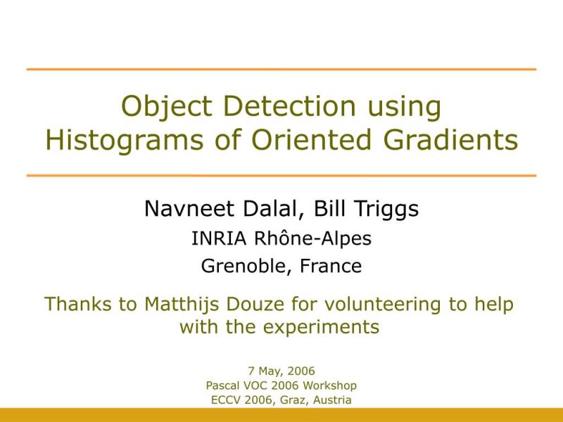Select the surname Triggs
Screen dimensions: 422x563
click(x=386, y=210)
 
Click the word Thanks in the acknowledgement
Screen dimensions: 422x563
click(x=77, y=305)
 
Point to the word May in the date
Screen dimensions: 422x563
click(x=270, y=371)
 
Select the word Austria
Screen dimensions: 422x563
click(x=331, y=400)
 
